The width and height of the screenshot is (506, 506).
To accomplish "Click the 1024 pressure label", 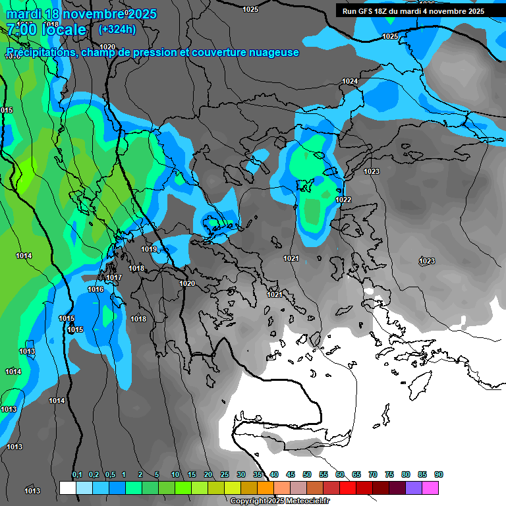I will point(350,81).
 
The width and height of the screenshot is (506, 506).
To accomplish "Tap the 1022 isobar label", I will point(343,200).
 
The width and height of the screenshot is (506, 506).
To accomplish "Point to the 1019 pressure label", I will point(149,249).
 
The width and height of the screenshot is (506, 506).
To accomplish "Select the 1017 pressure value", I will point(114,277).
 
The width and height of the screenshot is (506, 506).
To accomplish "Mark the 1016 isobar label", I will point(96,289).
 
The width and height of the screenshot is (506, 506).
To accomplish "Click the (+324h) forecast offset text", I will point(117,29).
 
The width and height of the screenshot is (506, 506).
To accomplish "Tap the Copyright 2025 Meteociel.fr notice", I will point(280,501).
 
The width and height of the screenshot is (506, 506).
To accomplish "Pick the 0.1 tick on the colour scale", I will point(77,474).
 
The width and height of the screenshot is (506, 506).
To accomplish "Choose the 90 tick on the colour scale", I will point(439,474).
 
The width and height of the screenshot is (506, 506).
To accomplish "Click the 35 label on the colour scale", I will point(258,474).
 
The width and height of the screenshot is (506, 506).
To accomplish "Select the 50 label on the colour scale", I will point(307,474).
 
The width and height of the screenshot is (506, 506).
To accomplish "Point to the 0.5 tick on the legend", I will point(110,474).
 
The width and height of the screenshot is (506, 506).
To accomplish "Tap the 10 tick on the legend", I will point(175,474).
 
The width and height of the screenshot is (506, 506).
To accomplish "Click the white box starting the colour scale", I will point(67,488).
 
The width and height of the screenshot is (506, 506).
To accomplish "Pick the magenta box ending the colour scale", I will point(430,488).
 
